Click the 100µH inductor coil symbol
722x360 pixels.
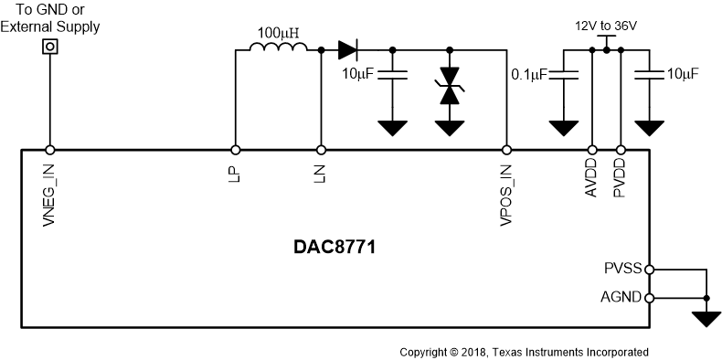point(278,49)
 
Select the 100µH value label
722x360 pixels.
point(278,34)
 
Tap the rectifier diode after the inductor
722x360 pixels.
point(347,49)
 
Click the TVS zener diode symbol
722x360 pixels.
point(449,84)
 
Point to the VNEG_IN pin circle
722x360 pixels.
point(50,150)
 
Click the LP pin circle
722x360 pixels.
point(236,150)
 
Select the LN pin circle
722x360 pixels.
point(321,150)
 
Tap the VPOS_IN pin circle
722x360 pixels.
point(507,150)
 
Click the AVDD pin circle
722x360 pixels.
point(592,150)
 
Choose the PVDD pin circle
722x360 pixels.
point(621,150)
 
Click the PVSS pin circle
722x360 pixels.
point(649,270)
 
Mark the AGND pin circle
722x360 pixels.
point(649,298)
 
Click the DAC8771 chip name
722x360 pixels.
point(335,247)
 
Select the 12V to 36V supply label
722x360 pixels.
point(605,26)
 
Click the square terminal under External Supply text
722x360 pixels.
point(50,46)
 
